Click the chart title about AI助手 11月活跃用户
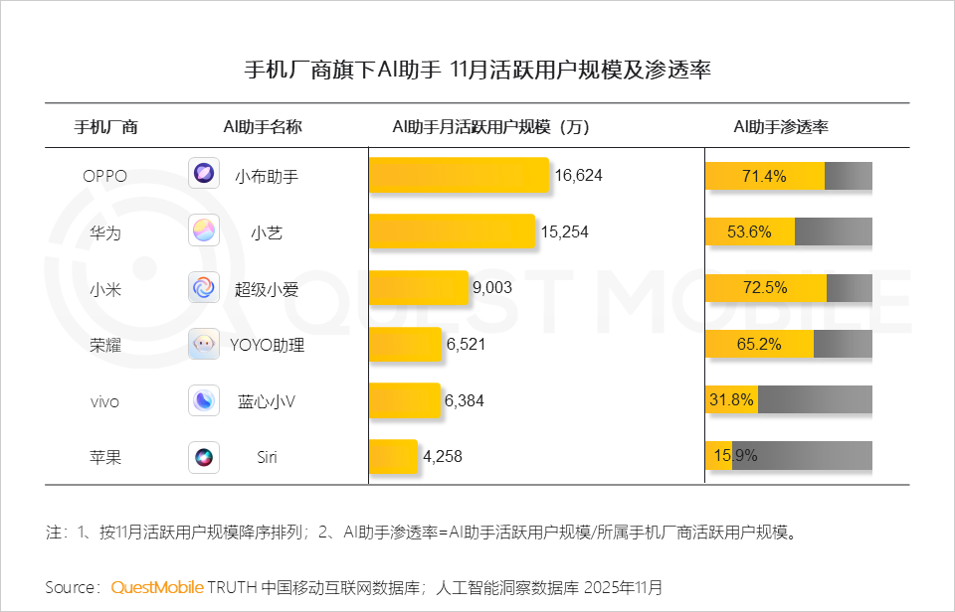477,71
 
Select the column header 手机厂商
106,127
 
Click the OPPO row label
104,176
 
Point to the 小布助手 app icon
204,174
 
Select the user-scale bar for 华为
452,231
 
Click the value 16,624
579,176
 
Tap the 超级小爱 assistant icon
204,288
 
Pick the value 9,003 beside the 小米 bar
491,288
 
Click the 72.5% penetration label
764,288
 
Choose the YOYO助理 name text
268,346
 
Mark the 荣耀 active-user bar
405,345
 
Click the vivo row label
104,401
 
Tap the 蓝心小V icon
204,400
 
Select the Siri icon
204,457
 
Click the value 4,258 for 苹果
443,457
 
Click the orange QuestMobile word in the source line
157,587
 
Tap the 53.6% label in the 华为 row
749,231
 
